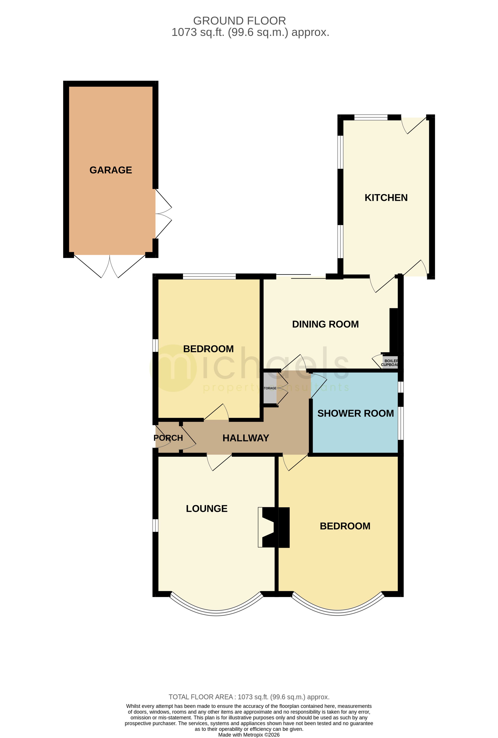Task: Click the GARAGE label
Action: point(110,170)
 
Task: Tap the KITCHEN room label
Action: point(386,198)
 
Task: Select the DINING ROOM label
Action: point(325,324)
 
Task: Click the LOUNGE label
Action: point(206,509)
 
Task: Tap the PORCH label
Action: point(168,438)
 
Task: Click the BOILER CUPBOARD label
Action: point(390,363)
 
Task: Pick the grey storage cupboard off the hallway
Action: point(270,388)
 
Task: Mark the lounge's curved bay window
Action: point(216,611)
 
